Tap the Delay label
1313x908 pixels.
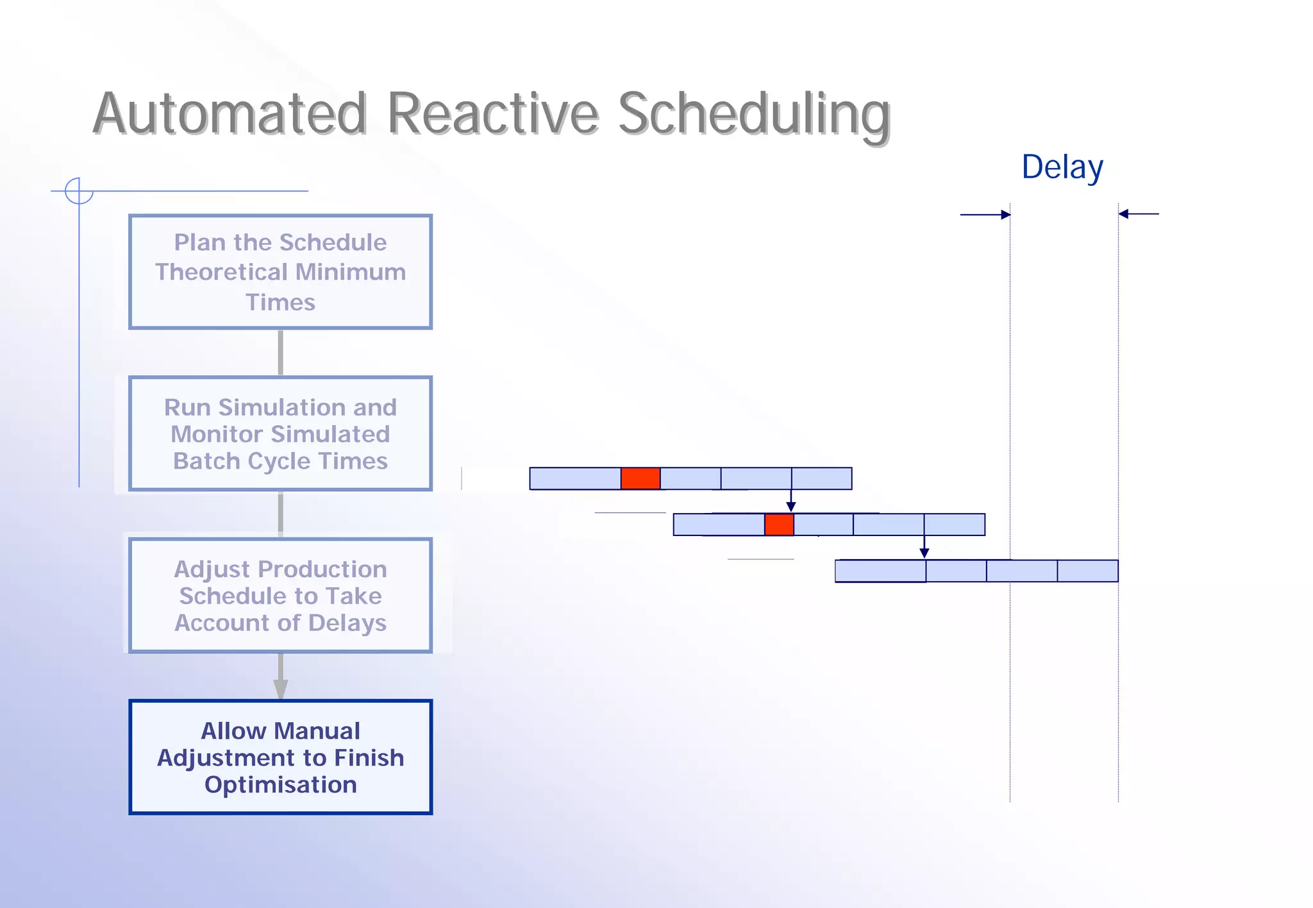coord(1062,167)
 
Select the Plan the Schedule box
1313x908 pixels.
coord(280,272)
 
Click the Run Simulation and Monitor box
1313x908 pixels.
coord(280,433)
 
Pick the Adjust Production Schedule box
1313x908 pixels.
coord(280,595)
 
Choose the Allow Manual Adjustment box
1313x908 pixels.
coord(280,757)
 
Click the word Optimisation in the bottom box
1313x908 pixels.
coord(280,785)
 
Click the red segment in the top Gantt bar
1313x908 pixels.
coord(640,478)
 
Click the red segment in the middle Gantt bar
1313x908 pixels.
coord(779,525)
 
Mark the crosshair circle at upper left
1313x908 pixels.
coord(79,191)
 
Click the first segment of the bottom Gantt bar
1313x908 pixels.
coord(880,571)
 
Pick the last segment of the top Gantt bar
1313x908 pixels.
coord(821,478)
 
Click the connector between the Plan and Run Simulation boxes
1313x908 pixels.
coord(280,353)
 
